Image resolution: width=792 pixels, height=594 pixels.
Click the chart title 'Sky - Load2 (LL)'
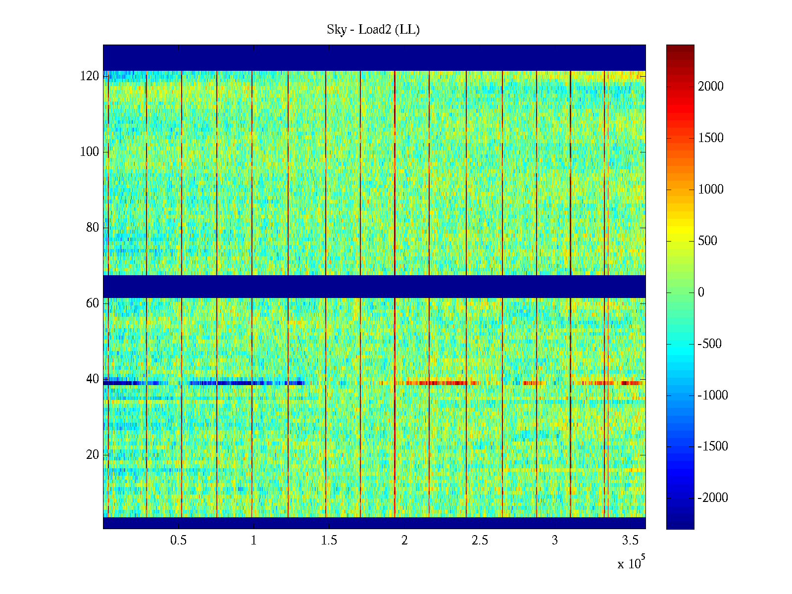(373, 30)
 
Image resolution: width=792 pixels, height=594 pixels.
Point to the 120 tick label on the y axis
(90, 76)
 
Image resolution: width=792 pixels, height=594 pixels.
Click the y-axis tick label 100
(90, 152)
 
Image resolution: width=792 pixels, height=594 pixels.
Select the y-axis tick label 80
(93, 228)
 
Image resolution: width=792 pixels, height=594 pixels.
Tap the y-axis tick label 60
(93, 303)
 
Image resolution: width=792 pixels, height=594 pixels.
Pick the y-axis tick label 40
(93, 379)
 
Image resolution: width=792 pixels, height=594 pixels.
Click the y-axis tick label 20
(93, 455)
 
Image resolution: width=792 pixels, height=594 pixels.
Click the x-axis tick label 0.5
(179, 541)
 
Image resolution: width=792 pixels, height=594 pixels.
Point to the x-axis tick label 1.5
(329, 541)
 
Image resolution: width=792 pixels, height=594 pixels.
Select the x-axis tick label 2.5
(480, 541)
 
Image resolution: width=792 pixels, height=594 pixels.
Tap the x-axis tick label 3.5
(630, 541)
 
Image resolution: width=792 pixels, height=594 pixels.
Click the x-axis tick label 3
(555, 541)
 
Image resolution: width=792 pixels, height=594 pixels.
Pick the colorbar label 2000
(711, 87)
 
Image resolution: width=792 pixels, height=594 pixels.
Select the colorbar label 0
(701, 293)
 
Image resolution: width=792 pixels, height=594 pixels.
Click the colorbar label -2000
(713, 498)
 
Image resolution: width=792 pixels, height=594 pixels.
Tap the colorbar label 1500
(711, 138)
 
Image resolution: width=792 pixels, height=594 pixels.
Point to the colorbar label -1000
(713, 395)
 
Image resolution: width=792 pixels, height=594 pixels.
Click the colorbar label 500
(707, 241)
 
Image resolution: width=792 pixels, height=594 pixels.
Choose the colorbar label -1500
(713, 446)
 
